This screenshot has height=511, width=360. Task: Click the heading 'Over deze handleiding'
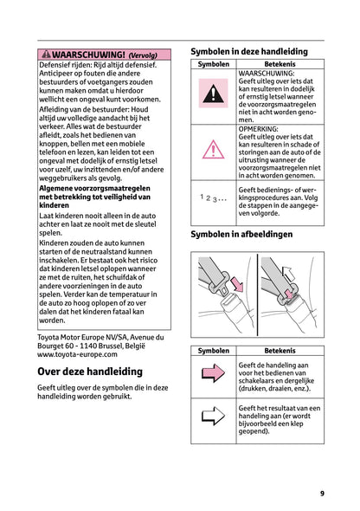coord(90,371)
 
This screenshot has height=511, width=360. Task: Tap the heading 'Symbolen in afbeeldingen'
coord(241,234)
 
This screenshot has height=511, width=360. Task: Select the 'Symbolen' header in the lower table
coord(213,351)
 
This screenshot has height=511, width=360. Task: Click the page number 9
coord(321,493)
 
